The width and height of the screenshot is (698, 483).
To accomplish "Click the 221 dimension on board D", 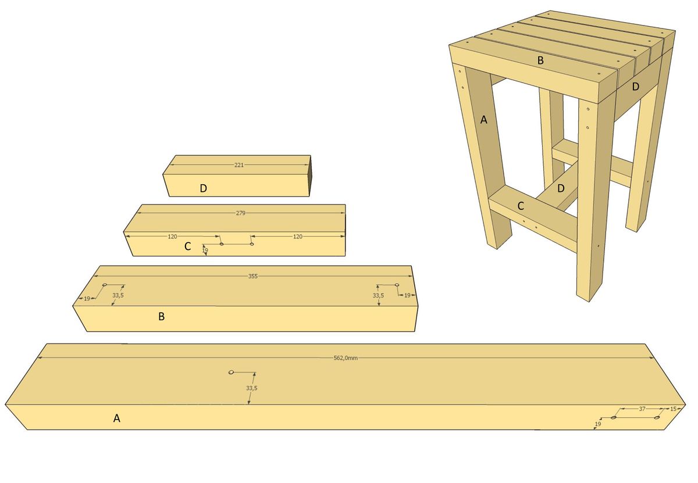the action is [x=239, y=165].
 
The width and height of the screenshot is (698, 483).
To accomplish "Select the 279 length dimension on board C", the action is [x=241, y=213].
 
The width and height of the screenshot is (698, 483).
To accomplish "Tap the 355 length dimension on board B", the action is [x=253, y=276].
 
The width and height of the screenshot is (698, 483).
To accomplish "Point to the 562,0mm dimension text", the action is [x=346, y=358].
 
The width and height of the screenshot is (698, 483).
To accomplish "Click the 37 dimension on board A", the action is [x=642, y=409].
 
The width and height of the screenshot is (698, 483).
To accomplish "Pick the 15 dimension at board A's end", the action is [x=673, y=409].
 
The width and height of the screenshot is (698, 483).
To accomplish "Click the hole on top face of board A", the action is [x=231, y=372].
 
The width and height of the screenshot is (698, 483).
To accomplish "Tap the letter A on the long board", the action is [x=116, y=418].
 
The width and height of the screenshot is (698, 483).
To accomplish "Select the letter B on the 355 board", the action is [x=162, y=316].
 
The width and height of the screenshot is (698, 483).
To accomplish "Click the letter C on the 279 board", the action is [x=187, y=246].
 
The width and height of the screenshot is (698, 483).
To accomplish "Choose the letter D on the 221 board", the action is [x=203, y=188].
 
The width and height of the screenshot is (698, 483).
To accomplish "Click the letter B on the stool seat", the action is [x=540, y=60].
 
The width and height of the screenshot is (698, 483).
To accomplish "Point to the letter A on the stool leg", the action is [x=483, y=120].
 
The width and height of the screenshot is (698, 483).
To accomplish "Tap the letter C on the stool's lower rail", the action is [x=521, y=206].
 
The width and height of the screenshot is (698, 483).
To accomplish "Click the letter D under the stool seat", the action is [x=636, y=87].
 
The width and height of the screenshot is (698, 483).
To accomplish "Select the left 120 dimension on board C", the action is [x=172, y=237].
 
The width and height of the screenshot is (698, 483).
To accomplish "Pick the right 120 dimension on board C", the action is [x=298, y=237].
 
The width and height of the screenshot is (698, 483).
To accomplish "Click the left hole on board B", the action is [x=105, y=285].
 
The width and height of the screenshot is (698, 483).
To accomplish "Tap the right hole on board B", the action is [x=397, y=285].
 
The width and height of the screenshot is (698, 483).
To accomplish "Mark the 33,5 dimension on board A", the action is [x=252, y=388].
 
